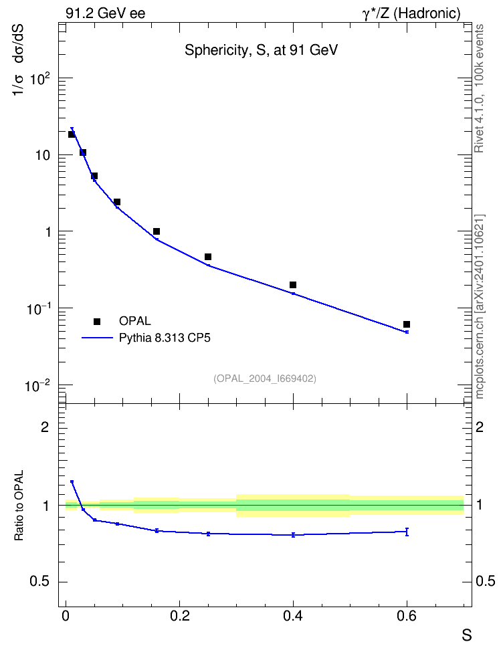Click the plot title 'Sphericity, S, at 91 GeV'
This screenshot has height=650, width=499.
[x=261, y=51]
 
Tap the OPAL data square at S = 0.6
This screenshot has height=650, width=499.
[x=407, y=324]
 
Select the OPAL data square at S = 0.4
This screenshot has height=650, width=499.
[x=293, y=285]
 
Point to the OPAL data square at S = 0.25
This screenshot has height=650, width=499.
[x=208, y=257]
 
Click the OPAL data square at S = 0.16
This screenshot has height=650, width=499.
[x=157, y=231]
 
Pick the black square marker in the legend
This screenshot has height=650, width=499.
[x=97, y=321]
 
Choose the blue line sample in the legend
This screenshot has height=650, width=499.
[x=97, y=338]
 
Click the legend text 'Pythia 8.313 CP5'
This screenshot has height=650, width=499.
[x=165, y=338]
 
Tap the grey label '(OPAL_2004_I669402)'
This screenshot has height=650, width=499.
[x=265, y=378]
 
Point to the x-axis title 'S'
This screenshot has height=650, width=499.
[x=467, y=635]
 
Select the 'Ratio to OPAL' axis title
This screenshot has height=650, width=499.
[x=19, y=506]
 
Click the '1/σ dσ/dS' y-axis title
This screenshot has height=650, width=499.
[x=18, y=60]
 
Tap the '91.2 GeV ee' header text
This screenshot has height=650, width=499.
[x=106, y=13]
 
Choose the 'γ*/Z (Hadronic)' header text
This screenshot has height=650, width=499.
[x=411, y=13]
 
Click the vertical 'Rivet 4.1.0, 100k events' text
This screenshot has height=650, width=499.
[x=479, y=88]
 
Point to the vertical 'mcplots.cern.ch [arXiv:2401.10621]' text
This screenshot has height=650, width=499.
[x=479, y=306]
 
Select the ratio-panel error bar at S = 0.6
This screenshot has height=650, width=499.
[x=407, y=532]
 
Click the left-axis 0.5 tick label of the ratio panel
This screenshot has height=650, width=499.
[x=39, y=582]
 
